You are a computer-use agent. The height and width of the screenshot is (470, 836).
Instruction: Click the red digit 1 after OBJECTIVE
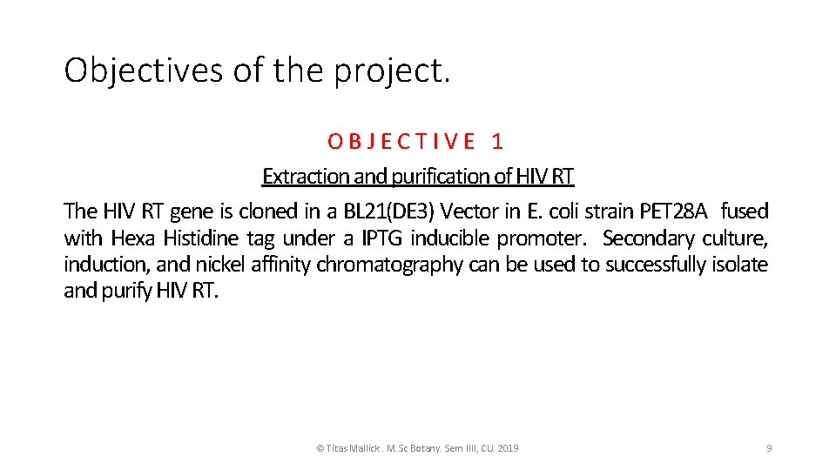click(x=497, y=140)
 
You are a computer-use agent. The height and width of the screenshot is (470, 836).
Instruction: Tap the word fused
click(x=745, y=211)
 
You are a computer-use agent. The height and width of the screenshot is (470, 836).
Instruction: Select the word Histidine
click(x=203, y=238)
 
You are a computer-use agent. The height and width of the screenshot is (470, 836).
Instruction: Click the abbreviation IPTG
click(x=382, y=238)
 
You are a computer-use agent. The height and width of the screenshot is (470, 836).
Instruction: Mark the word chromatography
click(x=388, y=264)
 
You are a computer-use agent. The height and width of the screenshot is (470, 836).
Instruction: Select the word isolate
click(x=740, y=264)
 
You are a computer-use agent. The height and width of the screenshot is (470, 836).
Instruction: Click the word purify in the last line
click(x=128, y=291)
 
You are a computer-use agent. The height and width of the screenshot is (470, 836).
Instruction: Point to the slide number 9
click(x=769, y=448)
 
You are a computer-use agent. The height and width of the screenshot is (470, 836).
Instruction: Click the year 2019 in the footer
click(x=506, y=448)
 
